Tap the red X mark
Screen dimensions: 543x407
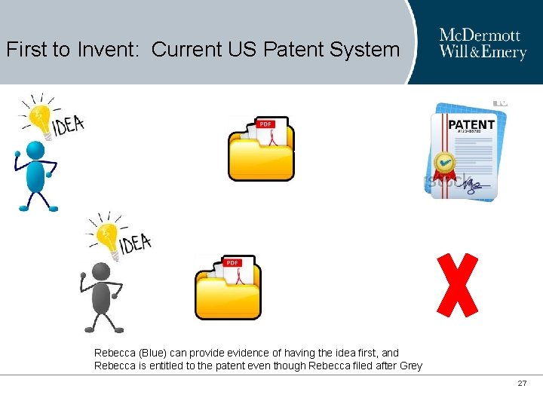pos(458,285)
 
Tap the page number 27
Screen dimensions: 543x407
pos(522,384)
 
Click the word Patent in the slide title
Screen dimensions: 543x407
pos(293,50)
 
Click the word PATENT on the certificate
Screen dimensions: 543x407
pos(471,124)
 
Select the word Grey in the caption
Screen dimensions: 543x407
pos(411,366)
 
